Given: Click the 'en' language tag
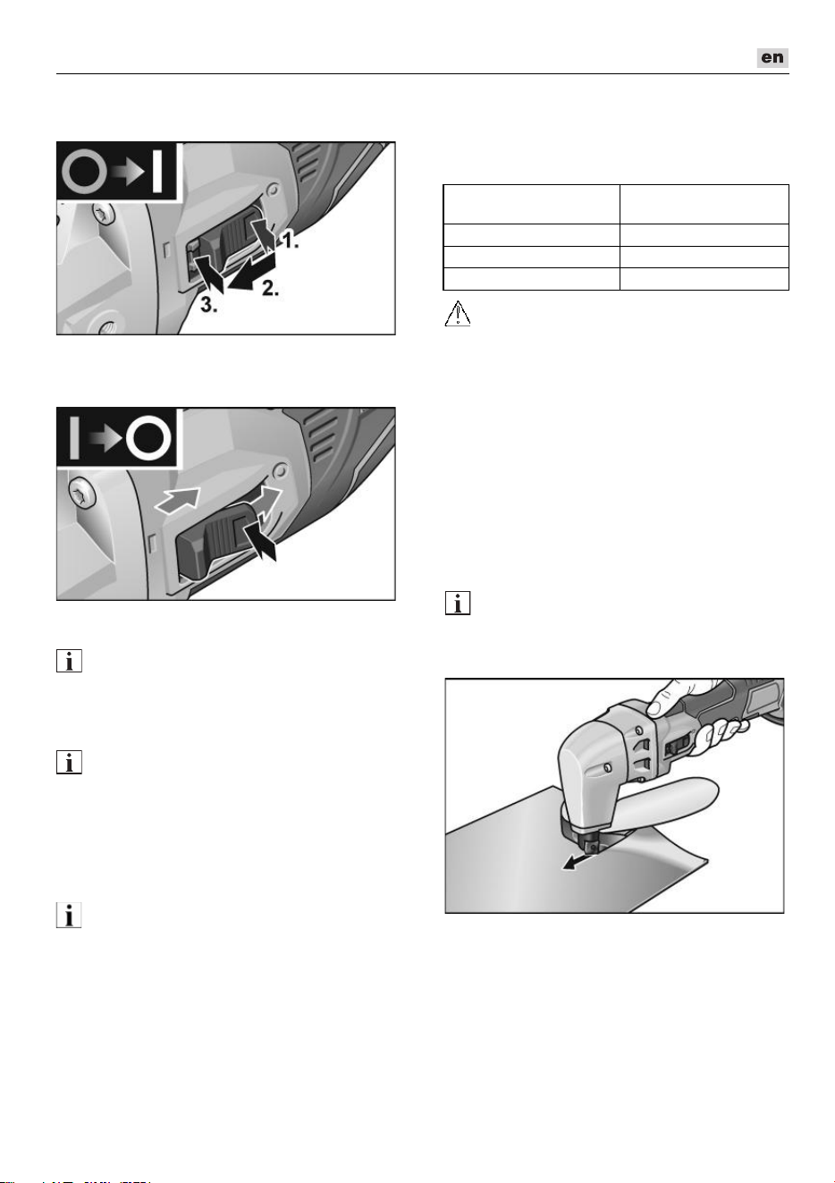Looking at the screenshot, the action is [x=772, y=57].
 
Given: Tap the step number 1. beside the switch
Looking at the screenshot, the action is [x=290, y=241].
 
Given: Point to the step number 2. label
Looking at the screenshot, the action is [x=270, y=288].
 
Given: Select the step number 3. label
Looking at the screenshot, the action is [x=208, y=305].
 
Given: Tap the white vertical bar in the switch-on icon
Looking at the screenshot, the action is [x=156, y=171].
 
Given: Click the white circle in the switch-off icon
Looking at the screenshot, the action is [x=148, y=437].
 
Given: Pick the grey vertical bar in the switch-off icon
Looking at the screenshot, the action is [x=74, y=437].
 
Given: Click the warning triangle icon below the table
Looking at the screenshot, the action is [x=458, y=313].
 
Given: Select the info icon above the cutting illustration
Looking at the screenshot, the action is [x=458, y=603].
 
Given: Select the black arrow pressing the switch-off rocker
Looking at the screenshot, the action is [x=260, y=538].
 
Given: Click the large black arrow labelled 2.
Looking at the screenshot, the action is [x=248, y=273].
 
